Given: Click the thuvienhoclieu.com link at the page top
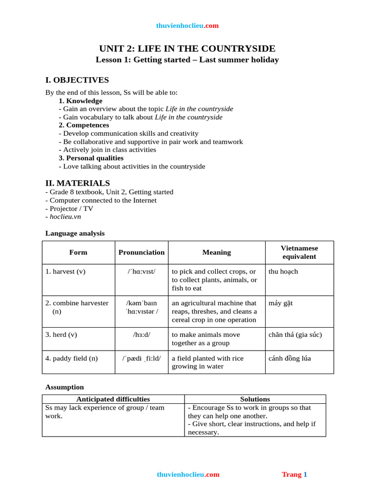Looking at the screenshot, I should (187, 25).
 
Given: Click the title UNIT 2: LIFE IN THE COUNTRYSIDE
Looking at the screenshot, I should (187, 48).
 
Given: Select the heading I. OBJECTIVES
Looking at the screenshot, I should (77, 80).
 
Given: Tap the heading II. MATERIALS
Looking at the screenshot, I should (78, 183).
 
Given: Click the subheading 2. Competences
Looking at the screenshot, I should (83, 125).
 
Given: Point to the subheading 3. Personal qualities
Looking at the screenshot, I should (91, 158).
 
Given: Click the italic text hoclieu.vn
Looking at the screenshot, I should (65, 216).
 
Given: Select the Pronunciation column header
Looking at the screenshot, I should (142, 252).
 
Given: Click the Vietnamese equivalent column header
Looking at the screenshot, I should (299, 252).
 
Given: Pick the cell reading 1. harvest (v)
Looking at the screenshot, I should (65, 271).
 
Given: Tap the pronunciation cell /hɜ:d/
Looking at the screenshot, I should (142, 334).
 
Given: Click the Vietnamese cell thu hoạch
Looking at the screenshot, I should (283, 271).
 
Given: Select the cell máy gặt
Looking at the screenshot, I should (281, 303).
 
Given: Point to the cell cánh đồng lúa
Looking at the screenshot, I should (290, 358).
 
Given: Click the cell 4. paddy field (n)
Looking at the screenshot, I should (71, 358).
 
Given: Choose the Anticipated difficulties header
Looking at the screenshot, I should (113, 399).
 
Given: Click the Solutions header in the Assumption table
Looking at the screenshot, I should (255, 399).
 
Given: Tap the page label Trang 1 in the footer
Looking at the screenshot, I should (294, 474).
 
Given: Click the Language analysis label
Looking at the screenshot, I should (75, 233).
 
